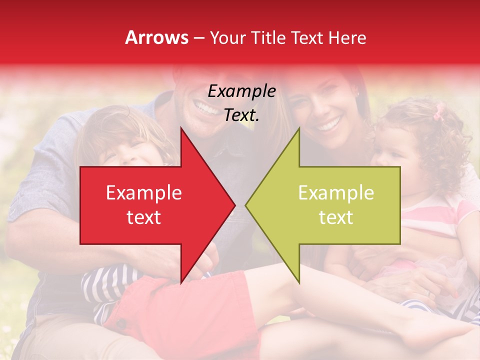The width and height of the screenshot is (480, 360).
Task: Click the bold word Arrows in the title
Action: point(157,37)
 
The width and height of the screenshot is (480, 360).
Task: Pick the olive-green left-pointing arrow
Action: point(330,205)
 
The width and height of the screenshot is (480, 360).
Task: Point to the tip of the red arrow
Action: point(234,205)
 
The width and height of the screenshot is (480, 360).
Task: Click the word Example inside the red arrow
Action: point(144,193)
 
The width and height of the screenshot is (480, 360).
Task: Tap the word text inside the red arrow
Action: point(144,217)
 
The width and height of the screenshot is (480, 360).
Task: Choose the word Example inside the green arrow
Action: point(336,193)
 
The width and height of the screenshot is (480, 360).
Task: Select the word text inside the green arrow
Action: point(336,217)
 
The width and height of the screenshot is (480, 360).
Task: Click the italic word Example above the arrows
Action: point(242,91)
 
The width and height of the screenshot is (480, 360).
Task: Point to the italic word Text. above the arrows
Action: point(242,115)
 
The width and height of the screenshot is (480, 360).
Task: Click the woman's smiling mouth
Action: point(329,123)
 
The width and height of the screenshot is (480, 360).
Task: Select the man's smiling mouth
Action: point(205,106)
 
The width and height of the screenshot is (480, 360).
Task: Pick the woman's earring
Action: point(357,93)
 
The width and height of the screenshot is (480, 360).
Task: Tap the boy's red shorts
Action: point(150,305)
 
